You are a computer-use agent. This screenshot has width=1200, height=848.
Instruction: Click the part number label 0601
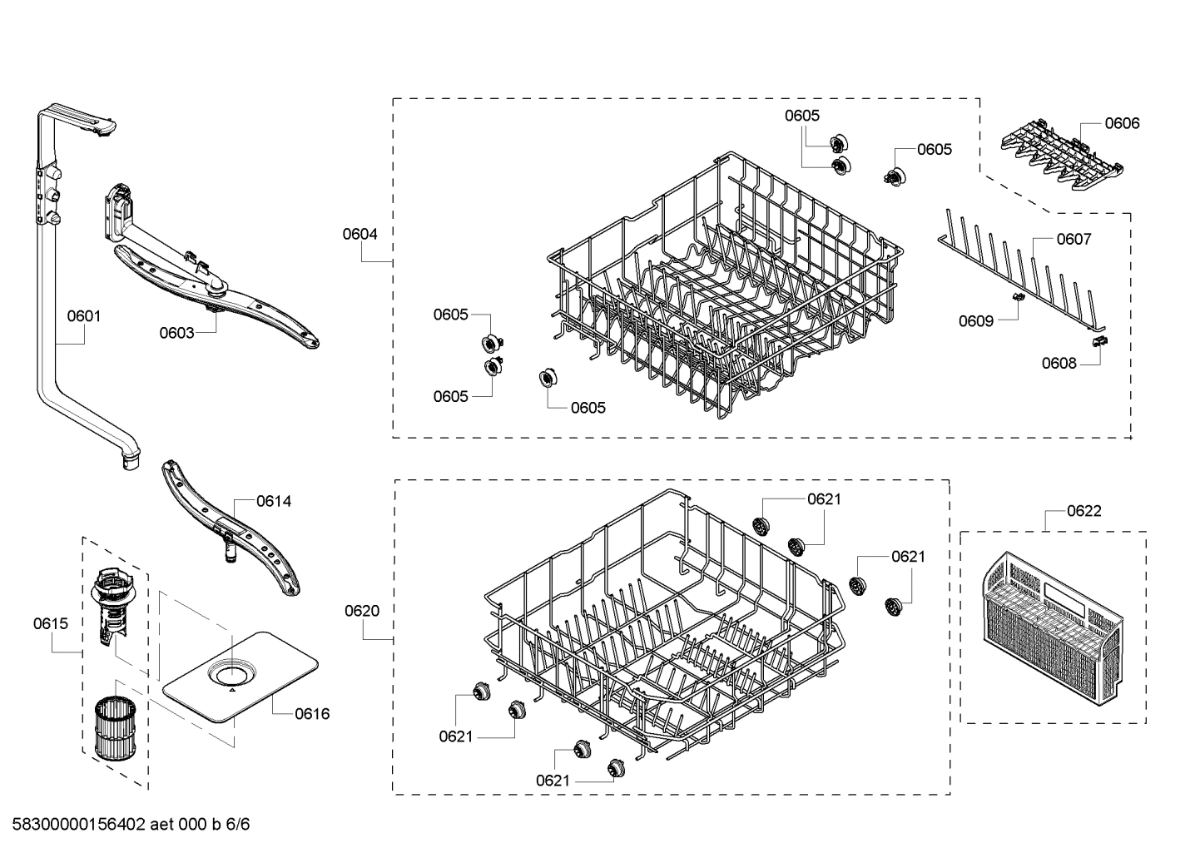83,316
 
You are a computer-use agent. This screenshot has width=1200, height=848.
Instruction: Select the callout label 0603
176,333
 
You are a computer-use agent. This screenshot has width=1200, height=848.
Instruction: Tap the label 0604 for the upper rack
360,235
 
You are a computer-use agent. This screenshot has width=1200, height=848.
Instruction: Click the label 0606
1122,123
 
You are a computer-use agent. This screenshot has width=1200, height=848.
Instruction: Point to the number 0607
1074,240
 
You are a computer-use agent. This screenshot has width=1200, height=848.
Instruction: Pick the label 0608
1059,364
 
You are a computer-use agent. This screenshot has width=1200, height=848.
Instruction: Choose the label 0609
975,321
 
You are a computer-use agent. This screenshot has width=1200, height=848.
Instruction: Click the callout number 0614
274,501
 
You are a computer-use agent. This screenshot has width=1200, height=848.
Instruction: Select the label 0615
51,623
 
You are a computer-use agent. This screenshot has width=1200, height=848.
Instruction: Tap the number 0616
312,714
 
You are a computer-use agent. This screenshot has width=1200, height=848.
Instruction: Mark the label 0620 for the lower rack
362,611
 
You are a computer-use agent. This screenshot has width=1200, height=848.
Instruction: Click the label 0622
1084,511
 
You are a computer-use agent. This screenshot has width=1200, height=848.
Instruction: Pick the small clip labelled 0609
1016,296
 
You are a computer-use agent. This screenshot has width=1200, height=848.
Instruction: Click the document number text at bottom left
126,825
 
